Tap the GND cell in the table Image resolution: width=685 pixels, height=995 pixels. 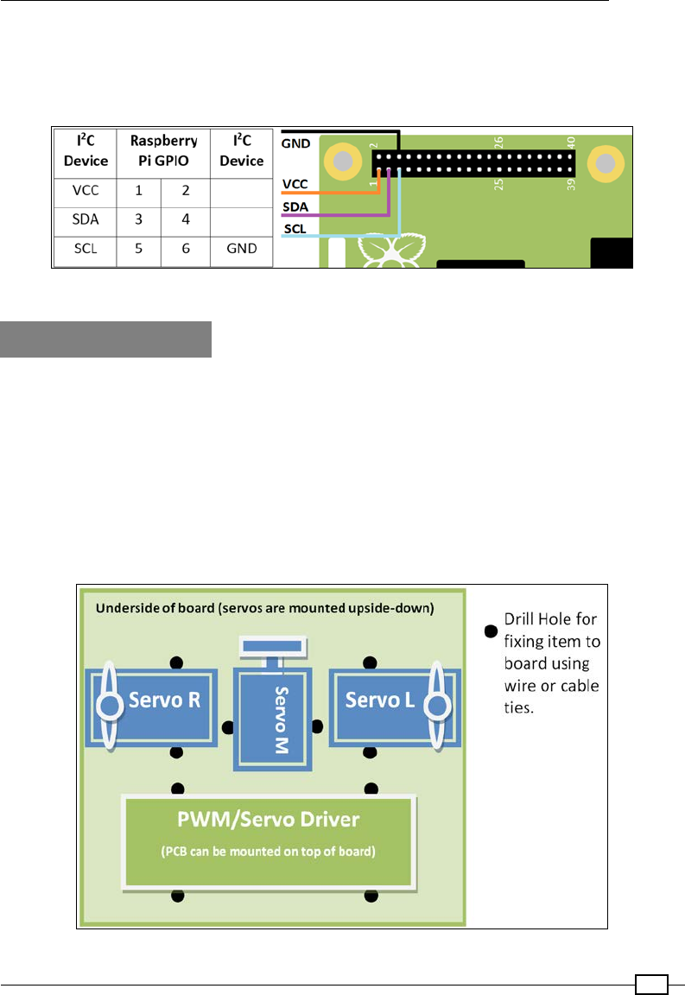click(x=241, y=252)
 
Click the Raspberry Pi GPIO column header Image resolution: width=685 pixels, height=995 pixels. click(x=162, y=150)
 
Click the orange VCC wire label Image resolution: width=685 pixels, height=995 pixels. click(x=295, y=185)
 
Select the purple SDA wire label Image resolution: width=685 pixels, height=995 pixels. click(x=295, y=208)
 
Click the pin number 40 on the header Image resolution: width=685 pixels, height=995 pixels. click(x=570, y=141)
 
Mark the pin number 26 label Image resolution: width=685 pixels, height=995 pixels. click(x=498, y=141)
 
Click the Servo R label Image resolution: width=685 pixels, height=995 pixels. click(x=164, y=700)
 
